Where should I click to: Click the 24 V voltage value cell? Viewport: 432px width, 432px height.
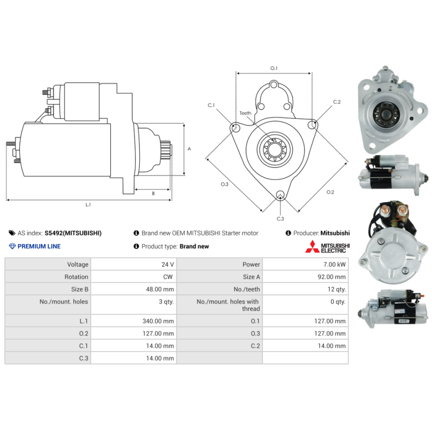point(167,265)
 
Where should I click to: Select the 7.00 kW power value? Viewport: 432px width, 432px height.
point(334,265)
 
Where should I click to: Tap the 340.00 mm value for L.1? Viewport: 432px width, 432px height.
point(158,321)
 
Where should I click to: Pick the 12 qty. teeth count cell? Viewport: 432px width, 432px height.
point(336,289)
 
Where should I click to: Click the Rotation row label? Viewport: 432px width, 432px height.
point(76,277)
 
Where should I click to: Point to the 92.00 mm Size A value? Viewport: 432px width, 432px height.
point(332,277)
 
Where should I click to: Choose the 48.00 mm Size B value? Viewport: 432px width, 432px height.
point(160,289)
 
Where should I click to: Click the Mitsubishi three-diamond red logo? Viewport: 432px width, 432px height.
point(312,247)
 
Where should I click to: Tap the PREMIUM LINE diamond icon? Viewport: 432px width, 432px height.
point(12,246)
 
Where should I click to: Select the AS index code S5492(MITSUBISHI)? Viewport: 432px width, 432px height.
point(73,233)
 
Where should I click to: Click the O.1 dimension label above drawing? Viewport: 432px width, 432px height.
point(274,68)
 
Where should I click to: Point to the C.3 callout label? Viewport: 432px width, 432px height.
point(280,219)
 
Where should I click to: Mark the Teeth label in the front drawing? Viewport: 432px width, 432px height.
point(245,113)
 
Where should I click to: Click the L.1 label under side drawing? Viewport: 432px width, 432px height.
point(88,205)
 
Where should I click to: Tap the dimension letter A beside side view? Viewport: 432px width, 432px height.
point(189,149)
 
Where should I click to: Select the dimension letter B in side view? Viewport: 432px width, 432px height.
point(153,193)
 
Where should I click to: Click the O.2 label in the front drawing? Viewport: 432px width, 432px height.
point(330,192)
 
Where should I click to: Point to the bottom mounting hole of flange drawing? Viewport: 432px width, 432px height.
point(280,194)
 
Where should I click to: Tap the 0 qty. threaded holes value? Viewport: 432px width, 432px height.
point(338,302)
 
